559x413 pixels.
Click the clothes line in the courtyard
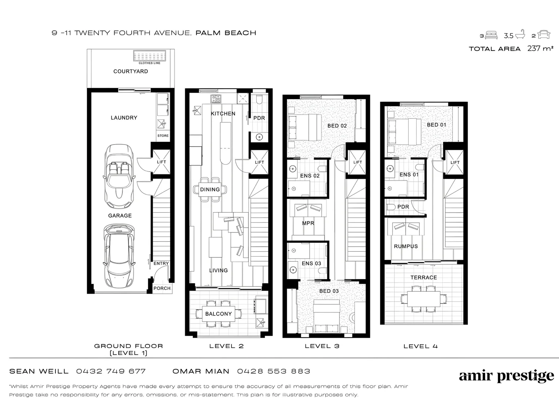(149, 56)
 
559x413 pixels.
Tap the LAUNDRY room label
(124, 118)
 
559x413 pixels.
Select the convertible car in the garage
(119, 174)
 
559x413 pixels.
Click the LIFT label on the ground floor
(161, 162)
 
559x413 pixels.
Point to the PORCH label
(162, 288)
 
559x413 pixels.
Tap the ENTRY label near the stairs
(161, 263)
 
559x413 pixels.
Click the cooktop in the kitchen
(216, 99)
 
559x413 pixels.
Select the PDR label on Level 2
(259, 118)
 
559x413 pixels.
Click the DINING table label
(210, 189)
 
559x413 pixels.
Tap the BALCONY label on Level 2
(218, 314)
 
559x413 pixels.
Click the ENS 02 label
(310, 176)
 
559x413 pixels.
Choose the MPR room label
(308, 223)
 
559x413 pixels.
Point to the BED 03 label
(329, 291)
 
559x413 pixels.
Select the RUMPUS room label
(406, 246)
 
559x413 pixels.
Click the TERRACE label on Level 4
(424, 278)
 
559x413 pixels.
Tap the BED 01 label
(437, 125)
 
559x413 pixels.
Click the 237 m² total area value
(540, 49)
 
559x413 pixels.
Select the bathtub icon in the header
(520, 35)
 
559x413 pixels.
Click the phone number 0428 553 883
(274, 371)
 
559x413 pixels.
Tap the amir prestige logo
(506, 376)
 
